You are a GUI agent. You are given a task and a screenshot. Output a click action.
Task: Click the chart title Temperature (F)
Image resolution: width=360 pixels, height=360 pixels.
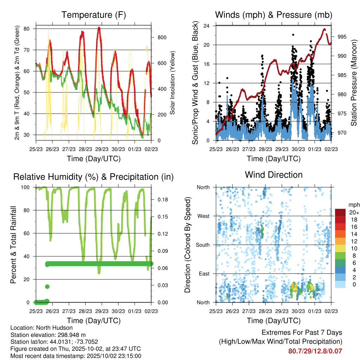coord(94,15)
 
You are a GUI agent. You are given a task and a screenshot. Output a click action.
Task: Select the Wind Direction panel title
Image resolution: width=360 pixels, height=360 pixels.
coord(274,175)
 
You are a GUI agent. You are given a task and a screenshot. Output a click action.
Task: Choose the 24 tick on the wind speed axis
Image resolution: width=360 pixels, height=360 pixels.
coord(207,26)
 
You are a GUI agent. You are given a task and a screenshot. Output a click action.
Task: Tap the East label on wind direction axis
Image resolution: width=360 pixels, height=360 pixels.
coord(204,274)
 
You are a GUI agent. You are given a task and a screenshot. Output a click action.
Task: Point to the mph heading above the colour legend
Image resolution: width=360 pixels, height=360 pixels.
coord(342,205)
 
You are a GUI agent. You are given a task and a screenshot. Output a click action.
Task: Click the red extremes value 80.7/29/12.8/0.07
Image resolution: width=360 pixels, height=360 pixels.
coord(315,351)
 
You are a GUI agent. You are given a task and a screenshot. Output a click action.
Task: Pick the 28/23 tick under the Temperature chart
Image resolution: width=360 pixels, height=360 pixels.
coord(85,149)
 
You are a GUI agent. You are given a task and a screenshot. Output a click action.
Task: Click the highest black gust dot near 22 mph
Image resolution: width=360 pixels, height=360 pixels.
coord(293,35)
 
